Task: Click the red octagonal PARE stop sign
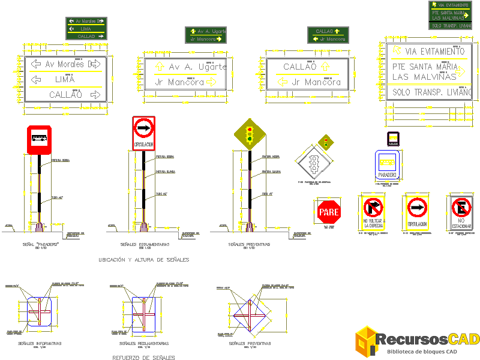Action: pyautogui.click(x=329, y=212)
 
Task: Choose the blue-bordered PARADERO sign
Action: pyautogui.click(x=388, y=166)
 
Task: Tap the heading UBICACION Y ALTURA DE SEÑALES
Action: pyautogui.click(x=143, y=260)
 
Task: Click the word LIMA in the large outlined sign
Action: pyautogui.click(x=64, y=79)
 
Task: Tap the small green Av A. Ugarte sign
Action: pyautogui.click(x=205, y=35)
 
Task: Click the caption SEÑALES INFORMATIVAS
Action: pyautogui.click(x=40, y=343)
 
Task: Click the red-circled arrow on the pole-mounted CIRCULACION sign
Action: pyautogui.click(x=143, y=127)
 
